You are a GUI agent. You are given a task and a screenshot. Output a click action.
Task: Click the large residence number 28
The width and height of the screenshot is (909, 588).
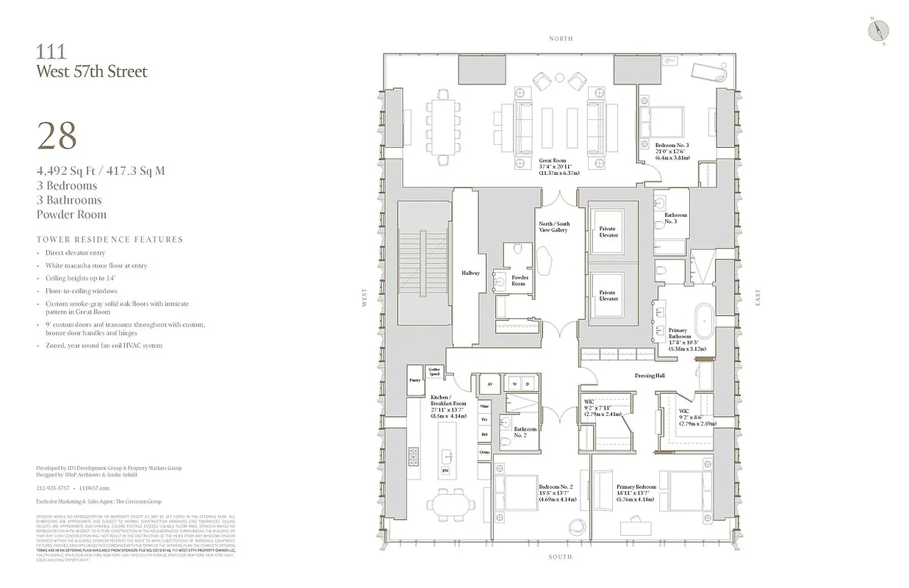[x=57, y=136]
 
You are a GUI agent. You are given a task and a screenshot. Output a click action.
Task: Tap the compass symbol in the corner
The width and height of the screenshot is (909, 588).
[x=878, y=30]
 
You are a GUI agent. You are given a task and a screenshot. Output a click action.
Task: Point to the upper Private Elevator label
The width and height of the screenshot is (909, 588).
[x=608, y=232]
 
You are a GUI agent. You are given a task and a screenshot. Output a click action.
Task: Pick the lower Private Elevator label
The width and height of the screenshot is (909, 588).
[x=608, y=295]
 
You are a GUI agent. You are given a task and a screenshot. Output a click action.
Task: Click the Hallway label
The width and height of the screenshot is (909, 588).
[x=470, y=273]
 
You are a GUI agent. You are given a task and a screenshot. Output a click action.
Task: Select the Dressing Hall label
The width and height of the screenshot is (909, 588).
[x=650, y=376]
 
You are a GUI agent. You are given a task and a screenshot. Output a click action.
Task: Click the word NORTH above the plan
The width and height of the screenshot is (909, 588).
[x=560, y=38]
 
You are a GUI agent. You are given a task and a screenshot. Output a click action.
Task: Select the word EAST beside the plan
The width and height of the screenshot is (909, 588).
[x=757, y=297]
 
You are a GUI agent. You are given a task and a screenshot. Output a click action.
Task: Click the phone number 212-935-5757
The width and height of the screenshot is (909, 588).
[x=53, y=487]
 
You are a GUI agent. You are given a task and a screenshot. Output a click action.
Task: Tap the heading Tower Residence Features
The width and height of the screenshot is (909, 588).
[x=109, y=240]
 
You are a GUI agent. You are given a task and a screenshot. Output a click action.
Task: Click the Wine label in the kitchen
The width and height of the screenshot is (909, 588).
[x=484, y=406]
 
